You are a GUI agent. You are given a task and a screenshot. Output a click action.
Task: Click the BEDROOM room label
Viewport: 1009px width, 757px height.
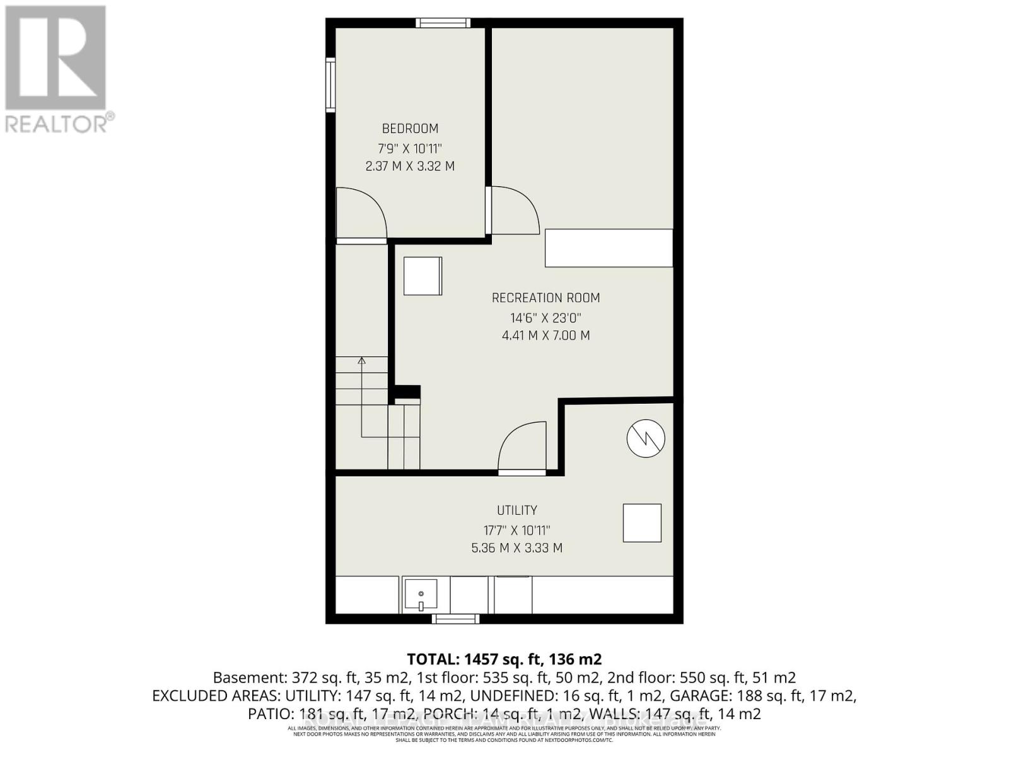pos(410,129)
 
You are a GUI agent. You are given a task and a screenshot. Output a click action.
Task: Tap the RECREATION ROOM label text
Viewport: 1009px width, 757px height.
pos(545,298)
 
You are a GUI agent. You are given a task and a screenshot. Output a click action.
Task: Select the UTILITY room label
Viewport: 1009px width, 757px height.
pos(516,510)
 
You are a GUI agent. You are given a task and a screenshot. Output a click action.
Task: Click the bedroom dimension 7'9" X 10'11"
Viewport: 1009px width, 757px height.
pos(410,149)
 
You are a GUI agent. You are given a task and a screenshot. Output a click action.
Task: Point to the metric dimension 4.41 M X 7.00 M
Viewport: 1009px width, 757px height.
pos(545,336)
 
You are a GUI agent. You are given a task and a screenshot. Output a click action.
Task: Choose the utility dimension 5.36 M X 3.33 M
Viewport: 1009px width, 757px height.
pos(516,548)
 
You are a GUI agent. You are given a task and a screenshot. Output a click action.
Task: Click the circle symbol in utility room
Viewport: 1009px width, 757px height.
pos(646,438)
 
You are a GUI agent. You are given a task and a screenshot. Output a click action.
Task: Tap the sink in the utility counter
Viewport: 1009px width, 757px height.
pos(421,596)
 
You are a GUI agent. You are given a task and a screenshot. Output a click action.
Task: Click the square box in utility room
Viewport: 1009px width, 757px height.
pos(642,523)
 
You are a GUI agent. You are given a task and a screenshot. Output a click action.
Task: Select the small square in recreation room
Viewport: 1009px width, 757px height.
pos(423,276)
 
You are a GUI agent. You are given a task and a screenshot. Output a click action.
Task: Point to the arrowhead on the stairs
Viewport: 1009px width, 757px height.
pos(361,361)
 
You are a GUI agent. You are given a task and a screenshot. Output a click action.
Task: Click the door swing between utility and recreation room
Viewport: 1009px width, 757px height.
pos(520,449)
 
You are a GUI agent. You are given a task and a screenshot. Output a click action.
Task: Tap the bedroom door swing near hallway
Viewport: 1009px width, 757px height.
pos(361,214)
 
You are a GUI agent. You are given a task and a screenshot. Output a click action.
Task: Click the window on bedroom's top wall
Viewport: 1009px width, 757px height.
pos(443,23)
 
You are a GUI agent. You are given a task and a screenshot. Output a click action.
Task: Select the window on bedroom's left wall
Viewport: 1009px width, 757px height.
pos(330,85)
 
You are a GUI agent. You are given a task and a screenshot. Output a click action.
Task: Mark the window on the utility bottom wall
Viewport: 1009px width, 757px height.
pos(456,619)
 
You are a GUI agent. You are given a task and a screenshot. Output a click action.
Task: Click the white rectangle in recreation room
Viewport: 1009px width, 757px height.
pos(609,248)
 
